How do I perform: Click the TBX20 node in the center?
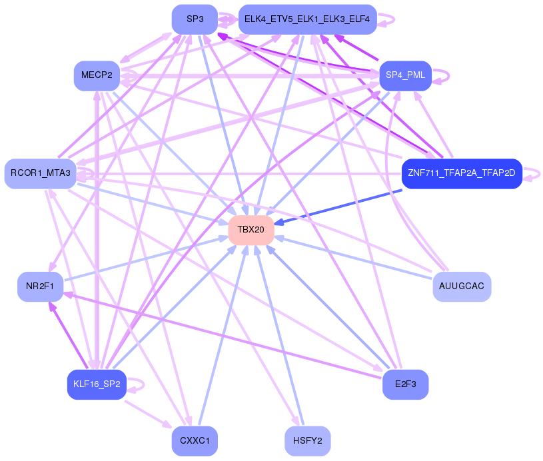pos(251,230)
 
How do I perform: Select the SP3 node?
pos(195,19)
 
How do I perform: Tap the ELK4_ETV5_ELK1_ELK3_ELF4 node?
pos(307,19)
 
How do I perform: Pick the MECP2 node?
pos(97,75)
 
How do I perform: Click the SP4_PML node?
pos(405,75)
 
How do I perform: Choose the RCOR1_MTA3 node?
pos(40,173)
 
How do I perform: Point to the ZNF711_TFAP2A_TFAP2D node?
pos(462,173)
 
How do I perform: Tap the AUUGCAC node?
pos(462,286)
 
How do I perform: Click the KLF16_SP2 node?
pos(97,384)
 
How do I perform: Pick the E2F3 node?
pos(405,384)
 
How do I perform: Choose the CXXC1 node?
pos(195,441)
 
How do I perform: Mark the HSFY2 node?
pos(307,441)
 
